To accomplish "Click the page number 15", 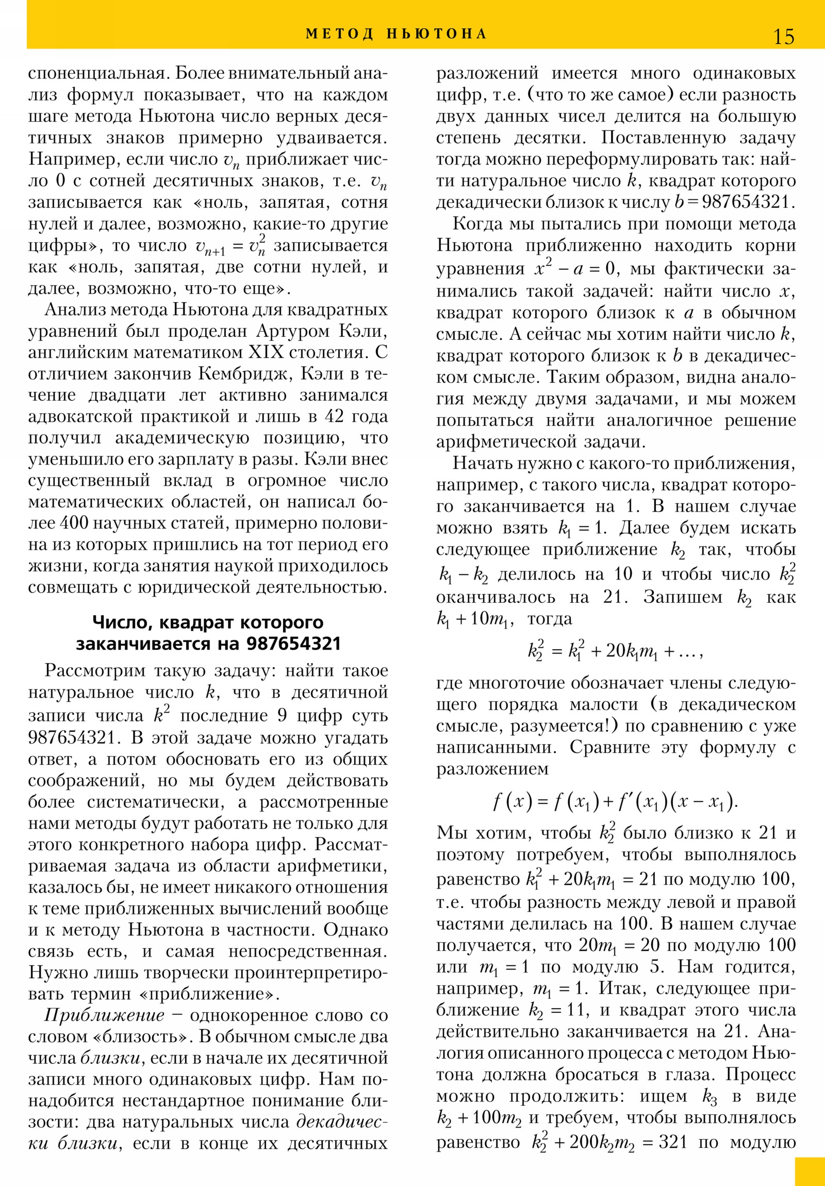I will [783, 37].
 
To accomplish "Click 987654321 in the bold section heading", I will [293, 644].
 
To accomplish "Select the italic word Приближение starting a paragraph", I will [105, 1015].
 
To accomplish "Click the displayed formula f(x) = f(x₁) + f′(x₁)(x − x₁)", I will [615, 801].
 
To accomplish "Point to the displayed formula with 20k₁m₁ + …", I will [615, 651].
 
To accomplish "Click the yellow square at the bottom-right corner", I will [810, 1171].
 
